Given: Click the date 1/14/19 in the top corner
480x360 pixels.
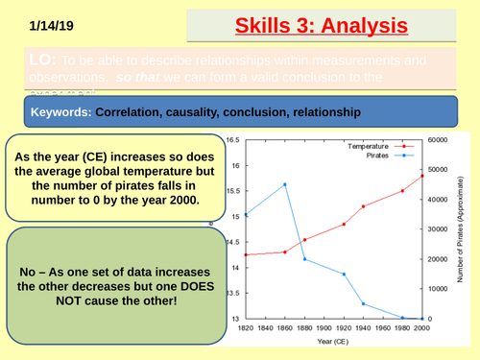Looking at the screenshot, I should (x=48, y=26).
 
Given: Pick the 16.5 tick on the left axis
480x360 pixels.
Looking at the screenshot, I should (x=232, y=139).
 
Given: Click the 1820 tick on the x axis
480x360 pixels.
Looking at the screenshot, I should (x=247, y=327).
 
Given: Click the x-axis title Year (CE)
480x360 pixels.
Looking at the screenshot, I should (x=335, y=342).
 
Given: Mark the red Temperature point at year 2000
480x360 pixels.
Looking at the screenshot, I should (x=422, y=176).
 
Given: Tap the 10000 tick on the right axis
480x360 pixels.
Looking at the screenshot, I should (x=439, y=289).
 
